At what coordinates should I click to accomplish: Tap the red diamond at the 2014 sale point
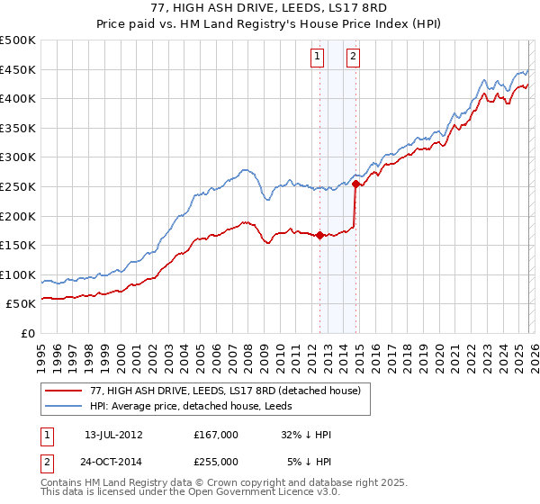[x=356, y=184]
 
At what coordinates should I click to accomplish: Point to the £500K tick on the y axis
[x=18, y=40]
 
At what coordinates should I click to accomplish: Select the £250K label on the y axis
[x=18, y=186]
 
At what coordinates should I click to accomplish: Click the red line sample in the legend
[x=64, y=391]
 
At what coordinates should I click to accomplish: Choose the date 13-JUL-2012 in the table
[x=113, y=435]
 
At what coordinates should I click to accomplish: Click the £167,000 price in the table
[x=215, y=435]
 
